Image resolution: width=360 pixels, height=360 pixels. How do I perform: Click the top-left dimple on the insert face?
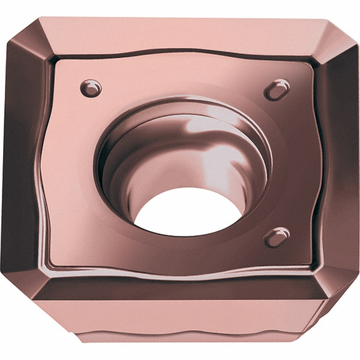pyautogui.click(x=91, y=88)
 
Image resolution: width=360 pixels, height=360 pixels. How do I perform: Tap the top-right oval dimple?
pyautogui.click(x=277, y=90)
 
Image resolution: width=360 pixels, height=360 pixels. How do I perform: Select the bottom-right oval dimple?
pyautogui.click(x=277, y=237)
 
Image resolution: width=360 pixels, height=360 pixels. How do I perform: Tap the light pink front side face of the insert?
pyautogui.click(x=180, y=321)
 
